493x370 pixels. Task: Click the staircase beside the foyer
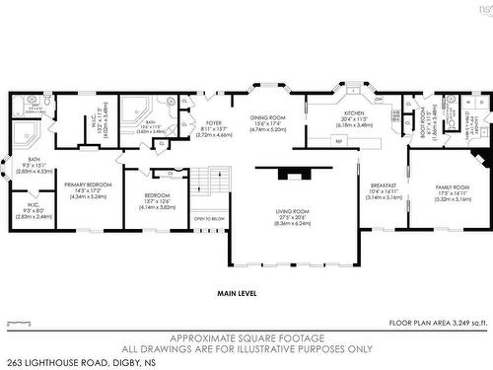point(208,183)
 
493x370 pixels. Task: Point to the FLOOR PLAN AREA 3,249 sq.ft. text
point(438,323)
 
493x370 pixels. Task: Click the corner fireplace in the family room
point(479,159)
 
